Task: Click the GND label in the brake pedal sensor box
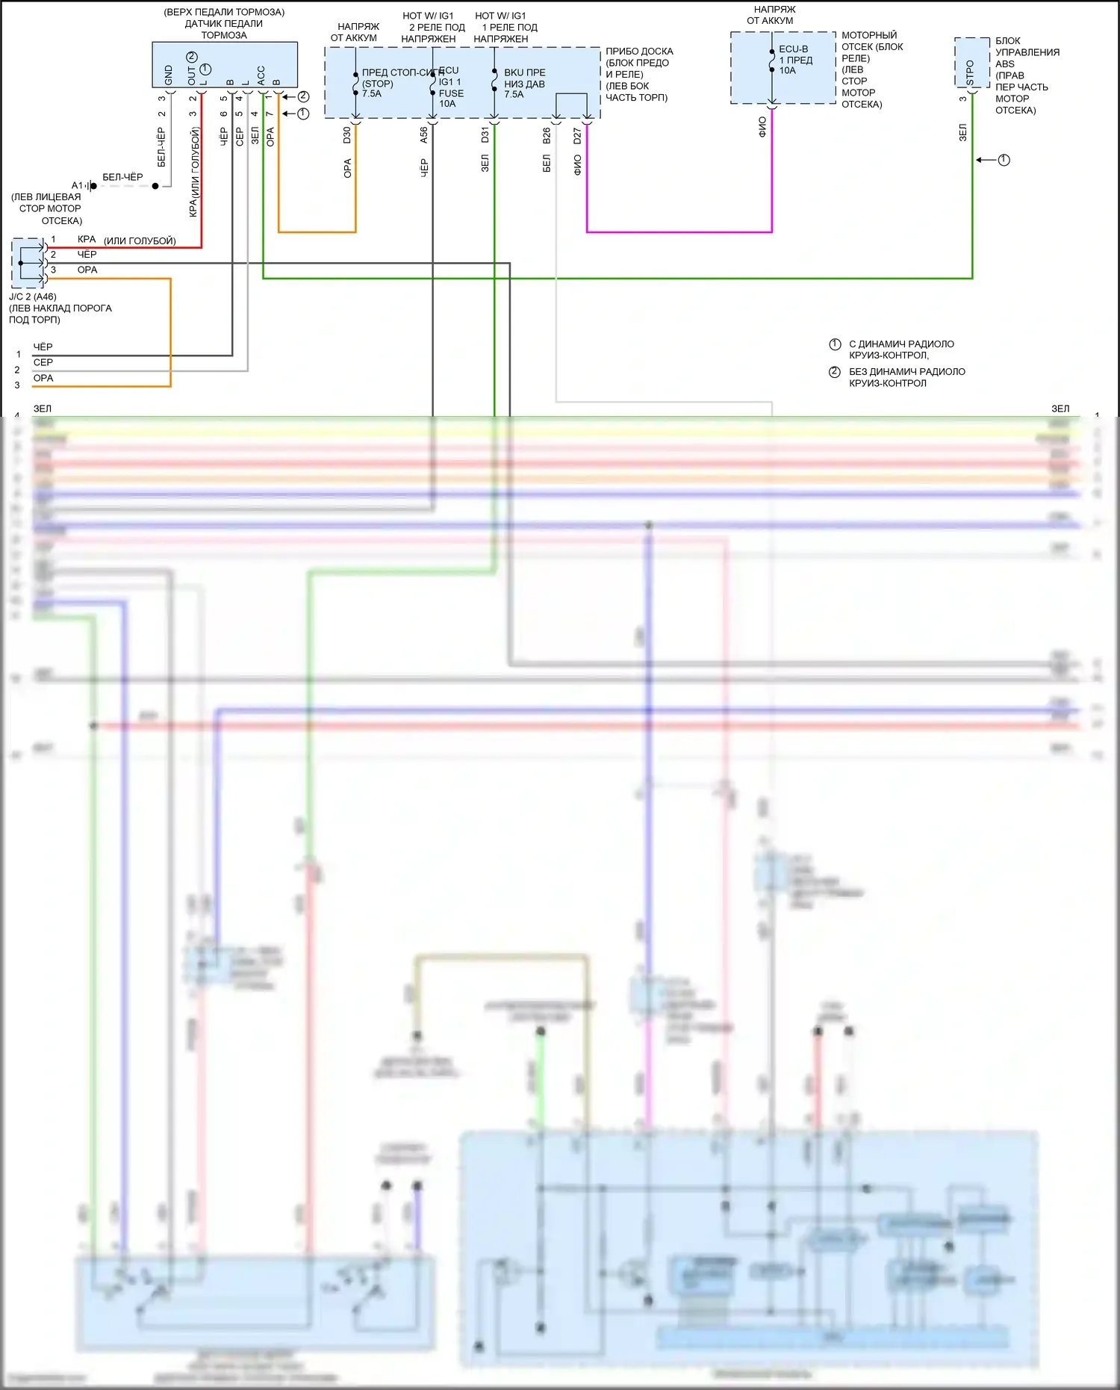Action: tap(169, 75)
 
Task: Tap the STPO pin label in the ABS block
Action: tap(970, 72)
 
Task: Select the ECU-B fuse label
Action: tap(793, 49)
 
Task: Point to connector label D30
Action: tap(347, 135)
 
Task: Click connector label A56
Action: tap(424, 135)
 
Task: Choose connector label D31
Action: tap(485, 135)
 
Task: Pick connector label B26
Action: tap(547, 135)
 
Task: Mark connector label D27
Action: tap(577, 135)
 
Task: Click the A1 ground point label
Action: tap(77, 185)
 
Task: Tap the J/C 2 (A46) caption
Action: tap(33, 297)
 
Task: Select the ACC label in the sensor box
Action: tap(261, 75)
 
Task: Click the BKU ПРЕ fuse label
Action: tap(524, 72)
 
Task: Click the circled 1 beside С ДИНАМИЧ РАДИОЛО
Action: tap(835, 344)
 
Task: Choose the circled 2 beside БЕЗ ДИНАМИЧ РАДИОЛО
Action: tap(835, 372)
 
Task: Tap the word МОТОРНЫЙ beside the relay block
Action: tap(869, 35)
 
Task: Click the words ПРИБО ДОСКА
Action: tap(639, 52)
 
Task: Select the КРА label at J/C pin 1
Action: tap(87, 240)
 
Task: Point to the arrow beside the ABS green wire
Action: tap(986, 160)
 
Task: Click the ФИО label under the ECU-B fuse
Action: tap(762, 127)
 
